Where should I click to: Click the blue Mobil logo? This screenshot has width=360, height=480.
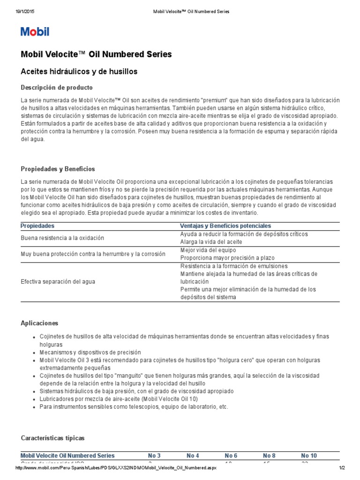35,32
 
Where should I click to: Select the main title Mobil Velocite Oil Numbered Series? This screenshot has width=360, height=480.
96,54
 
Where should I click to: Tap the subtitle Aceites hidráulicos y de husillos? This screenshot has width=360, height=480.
79,71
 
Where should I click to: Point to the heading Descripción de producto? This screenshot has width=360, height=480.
57,88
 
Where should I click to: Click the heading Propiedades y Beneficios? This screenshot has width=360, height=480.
58,169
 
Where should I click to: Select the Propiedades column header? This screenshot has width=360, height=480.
37,226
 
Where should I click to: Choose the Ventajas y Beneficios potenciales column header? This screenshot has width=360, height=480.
225,226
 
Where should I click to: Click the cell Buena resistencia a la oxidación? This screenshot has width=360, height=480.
62,238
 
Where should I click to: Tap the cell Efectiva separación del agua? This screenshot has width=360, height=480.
57,282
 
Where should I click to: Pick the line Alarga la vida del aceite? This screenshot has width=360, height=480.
211,242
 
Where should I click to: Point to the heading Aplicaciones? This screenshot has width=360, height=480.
40,323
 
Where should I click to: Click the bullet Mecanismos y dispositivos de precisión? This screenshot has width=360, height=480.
90,352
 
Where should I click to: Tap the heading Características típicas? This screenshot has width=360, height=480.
53,438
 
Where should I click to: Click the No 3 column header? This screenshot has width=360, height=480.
154,456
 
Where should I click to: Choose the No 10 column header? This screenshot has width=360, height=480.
309,456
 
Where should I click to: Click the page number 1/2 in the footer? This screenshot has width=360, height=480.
342,469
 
